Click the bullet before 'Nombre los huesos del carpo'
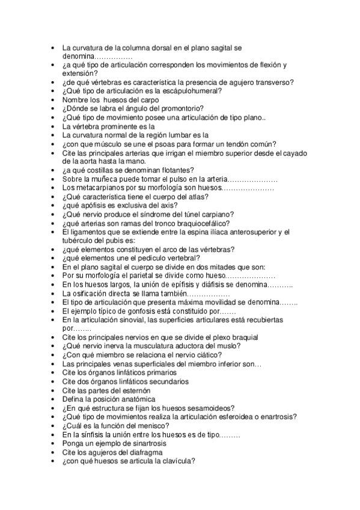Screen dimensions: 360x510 tap(54, 100)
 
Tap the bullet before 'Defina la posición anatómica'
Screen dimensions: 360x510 tap(54, 399)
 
